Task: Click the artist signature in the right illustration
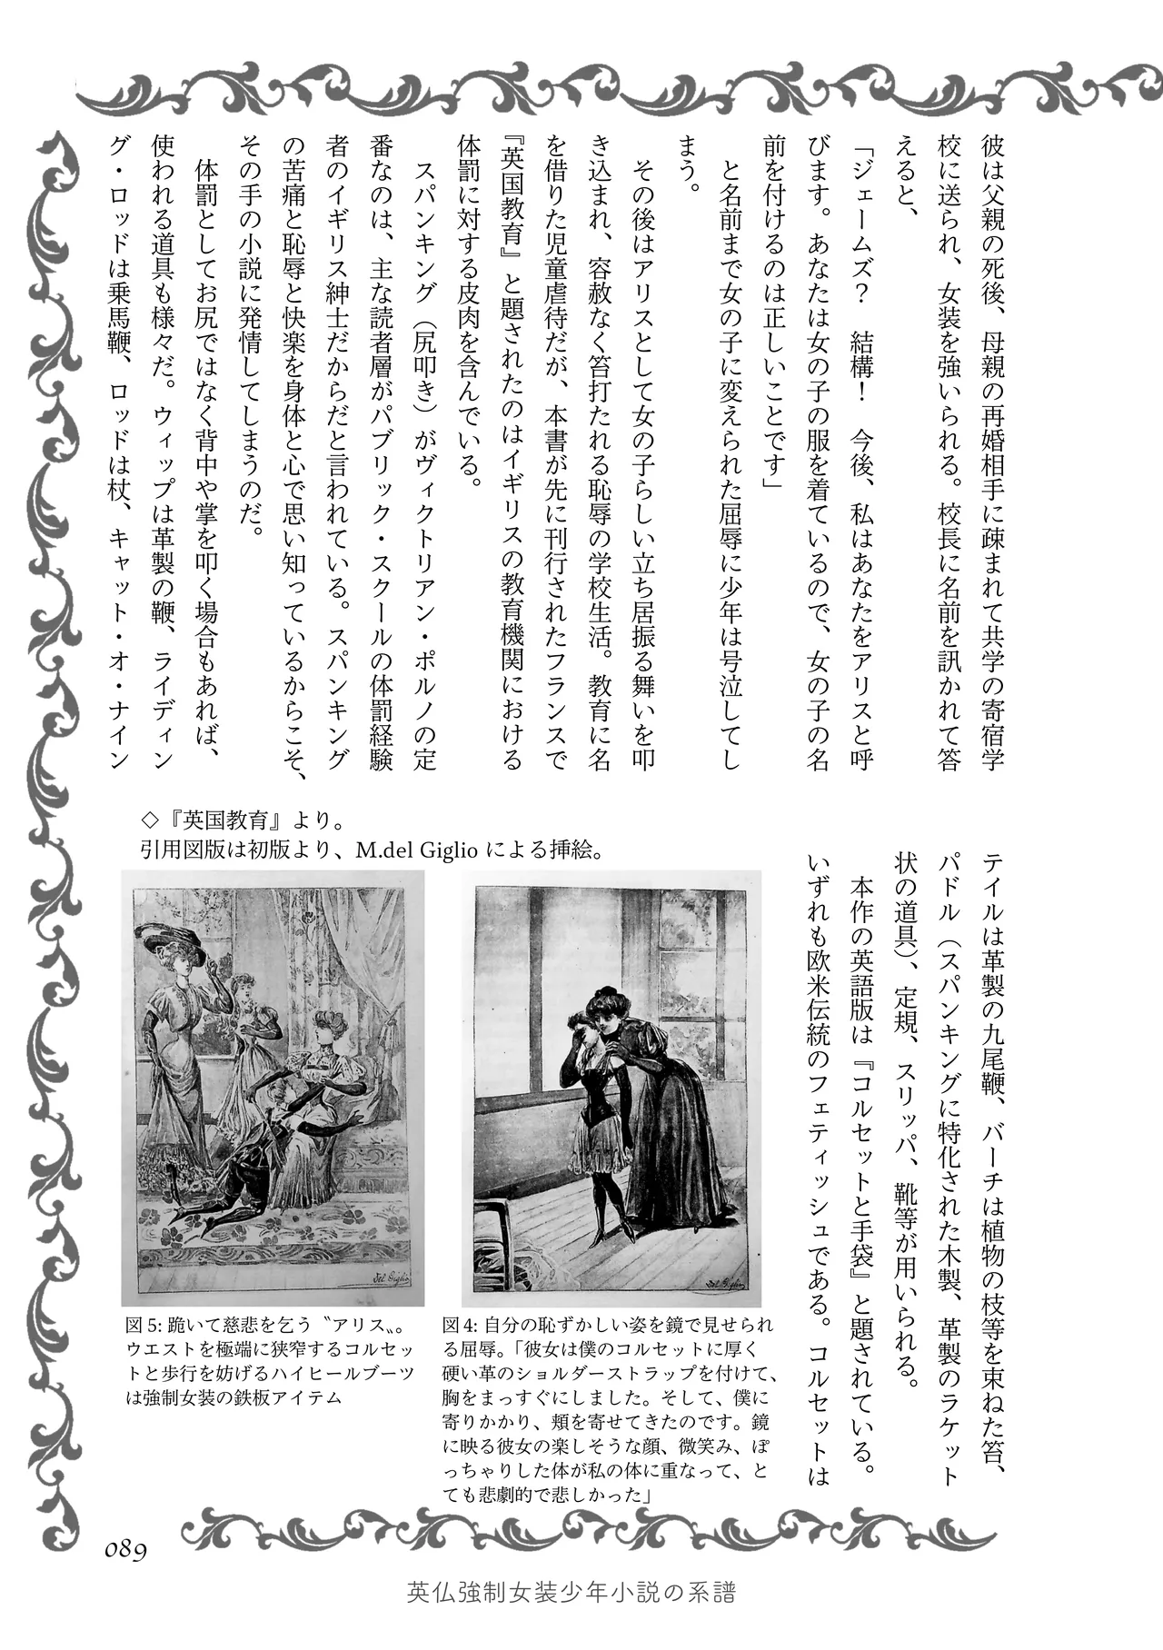(723, 1283)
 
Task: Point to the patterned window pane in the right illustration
(695, 954)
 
